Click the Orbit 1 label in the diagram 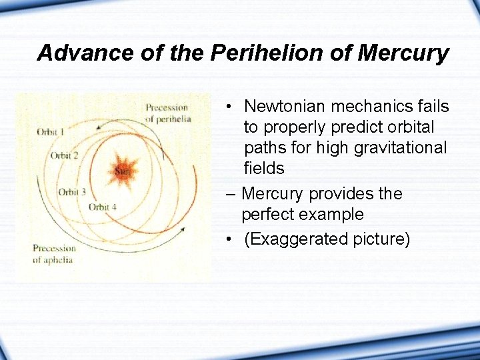[x=51, y=132]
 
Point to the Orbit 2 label [x=65, y=156]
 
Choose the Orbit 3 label [x=72, y=192]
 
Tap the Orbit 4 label [x=103, y=207]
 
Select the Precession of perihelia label [x=168, y=113]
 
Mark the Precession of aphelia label [x=54, y=253]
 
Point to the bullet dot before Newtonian [x=228, y=107]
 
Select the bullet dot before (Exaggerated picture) [x=228, y=239]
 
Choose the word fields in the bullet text [x=264, y=168]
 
